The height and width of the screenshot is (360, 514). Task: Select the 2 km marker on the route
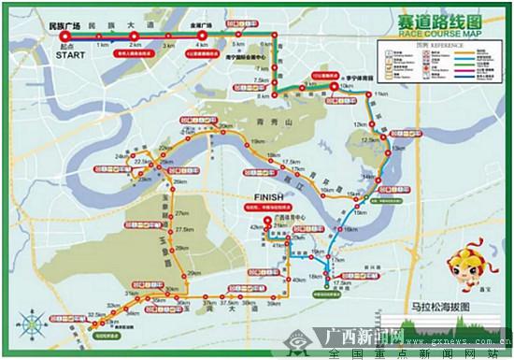135,37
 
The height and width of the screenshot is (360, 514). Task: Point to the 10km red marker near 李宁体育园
335,88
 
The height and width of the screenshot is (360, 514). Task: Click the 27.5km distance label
183,229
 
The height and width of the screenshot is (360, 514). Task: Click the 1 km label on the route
101,45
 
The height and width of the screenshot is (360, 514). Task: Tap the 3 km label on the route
168,45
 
